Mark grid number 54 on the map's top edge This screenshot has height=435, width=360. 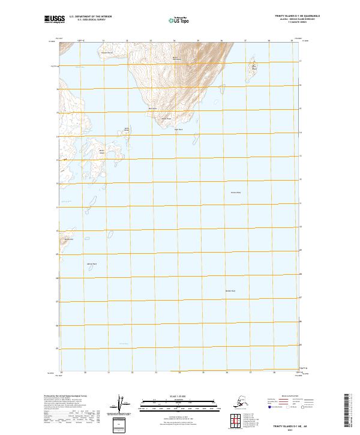click(x=173, y=40)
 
